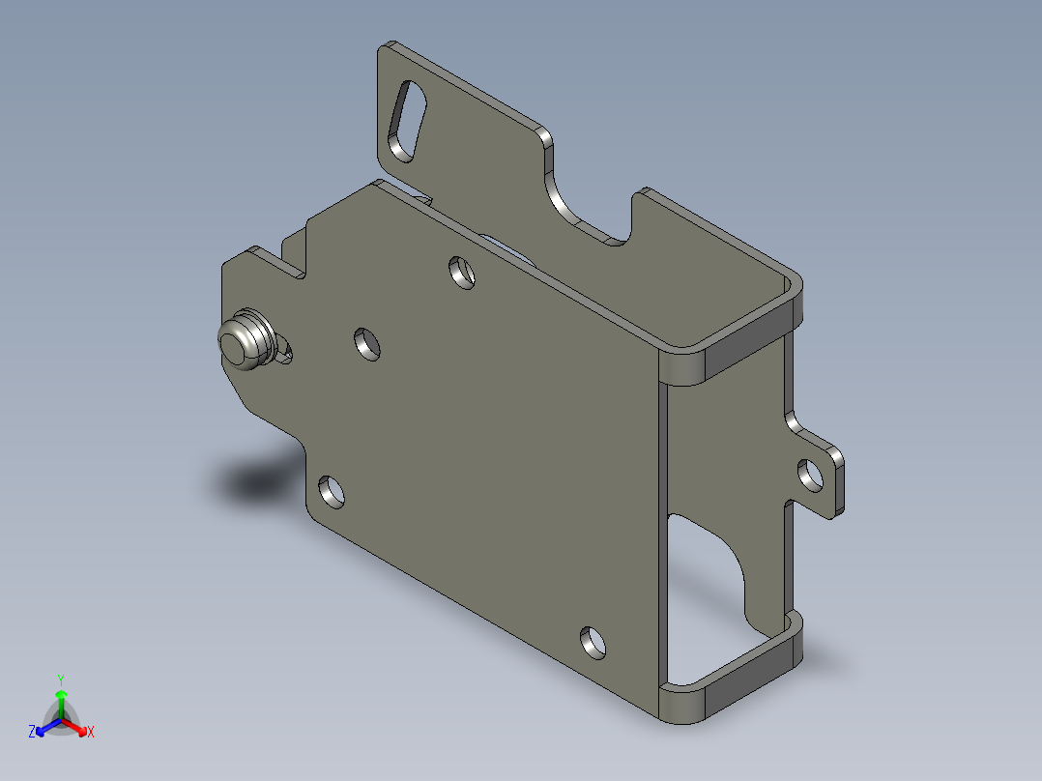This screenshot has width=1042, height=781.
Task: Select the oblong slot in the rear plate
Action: click(407, 122)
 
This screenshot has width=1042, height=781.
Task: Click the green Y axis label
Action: click(60, 680)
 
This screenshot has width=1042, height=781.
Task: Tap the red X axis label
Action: click(90, 733)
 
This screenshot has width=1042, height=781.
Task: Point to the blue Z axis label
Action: click(32, 733)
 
